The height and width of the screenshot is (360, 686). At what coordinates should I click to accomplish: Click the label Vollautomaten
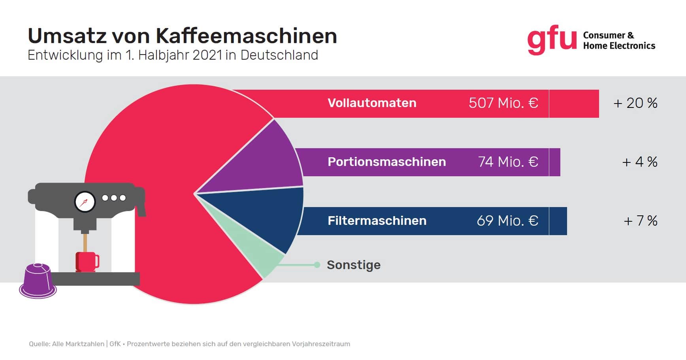pos(372,103)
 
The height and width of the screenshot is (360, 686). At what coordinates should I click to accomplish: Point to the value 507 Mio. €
pos(503,103)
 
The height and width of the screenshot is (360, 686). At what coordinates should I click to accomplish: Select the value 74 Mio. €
pos(508,162)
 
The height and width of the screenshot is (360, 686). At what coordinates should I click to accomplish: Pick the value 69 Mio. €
pos(507,221)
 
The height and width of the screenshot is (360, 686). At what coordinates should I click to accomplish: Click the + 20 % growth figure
pos(635,103)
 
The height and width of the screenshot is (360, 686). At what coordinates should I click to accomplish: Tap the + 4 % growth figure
pos(640,162)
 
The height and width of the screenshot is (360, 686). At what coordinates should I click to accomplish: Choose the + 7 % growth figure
pos(640,221)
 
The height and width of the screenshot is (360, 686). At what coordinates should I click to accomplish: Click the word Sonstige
pos(354,265)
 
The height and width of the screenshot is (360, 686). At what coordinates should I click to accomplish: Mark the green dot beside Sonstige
pos(317,265)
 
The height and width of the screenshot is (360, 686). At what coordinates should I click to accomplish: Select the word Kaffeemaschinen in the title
pos(246,36)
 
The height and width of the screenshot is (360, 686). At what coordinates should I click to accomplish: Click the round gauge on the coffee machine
pos(85,202)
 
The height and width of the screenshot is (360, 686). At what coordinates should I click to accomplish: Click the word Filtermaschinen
pos(377,221)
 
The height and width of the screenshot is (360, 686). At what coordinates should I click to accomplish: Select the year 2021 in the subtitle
pos(207,55)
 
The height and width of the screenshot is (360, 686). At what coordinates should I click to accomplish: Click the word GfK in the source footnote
pos(115,344)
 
